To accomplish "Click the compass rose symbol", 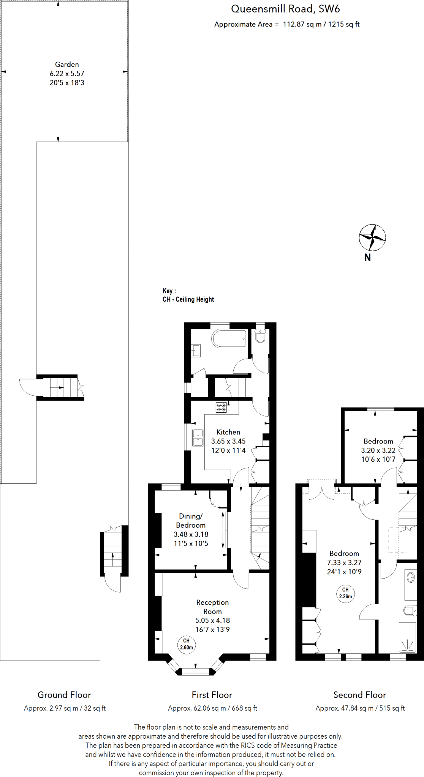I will (372, 238).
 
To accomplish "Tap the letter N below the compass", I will (367, 258).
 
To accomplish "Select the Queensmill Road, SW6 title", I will (285, 9).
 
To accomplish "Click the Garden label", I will (67, 64).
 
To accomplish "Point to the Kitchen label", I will (228, 432).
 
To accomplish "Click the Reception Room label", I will (212, 607).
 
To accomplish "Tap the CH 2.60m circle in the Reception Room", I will (187, 644).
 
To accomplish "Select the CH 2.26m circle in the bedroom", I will (345, 593).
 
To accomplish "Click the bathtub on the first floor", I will (229, 338).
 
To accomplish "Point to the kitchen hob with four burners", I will (221, 407).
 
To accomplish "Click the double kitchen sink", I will (198, 437).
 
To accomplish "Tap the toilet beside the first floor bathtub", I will (260, 336).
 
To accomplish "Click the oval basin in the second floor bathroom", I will (411, 578).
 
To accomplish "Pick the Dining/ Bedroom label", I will (191, 521).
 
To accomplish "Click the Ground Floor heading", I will (64, 695).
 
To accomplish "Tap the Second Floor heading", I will (359, 695).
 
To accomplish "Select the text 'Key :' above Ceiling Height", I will (169, 291).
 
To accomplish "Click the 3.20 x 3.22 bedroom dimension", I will (378, 450).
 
